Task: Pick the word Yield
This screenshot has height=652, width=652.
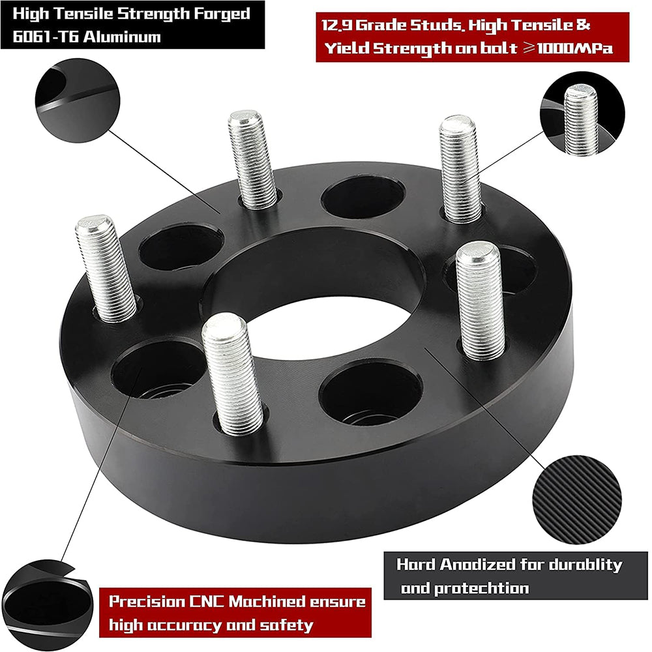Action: [345, 49]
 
